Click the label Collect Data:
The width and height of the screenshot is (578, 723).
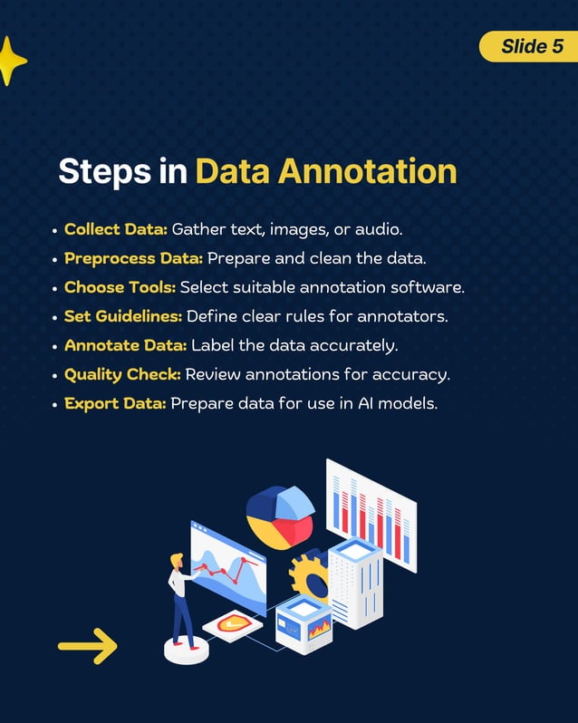(x=116, y=229)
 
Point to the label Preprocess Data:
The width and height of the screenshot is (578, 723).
(x=133, y=258)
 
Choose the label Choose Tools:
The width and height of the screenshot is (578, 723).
(x=120, y=287)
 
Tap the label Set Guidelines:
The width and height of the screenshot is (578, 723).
(x=123, y=316)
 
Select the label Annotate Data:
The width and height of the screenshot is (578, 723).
(x=126, y=345)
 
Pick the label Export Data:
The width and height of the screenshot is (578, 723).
(x=115, y=403)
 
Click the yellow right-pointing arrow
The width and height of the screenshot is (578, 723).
(x=88, y=646)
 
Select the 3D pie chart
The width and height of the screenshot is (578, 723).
(x=279, y=516)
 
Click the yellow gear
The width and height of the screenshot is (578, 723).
(x=309, y=575)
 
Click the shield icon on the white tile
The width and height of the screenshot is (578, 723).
(x=232, y=623)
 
